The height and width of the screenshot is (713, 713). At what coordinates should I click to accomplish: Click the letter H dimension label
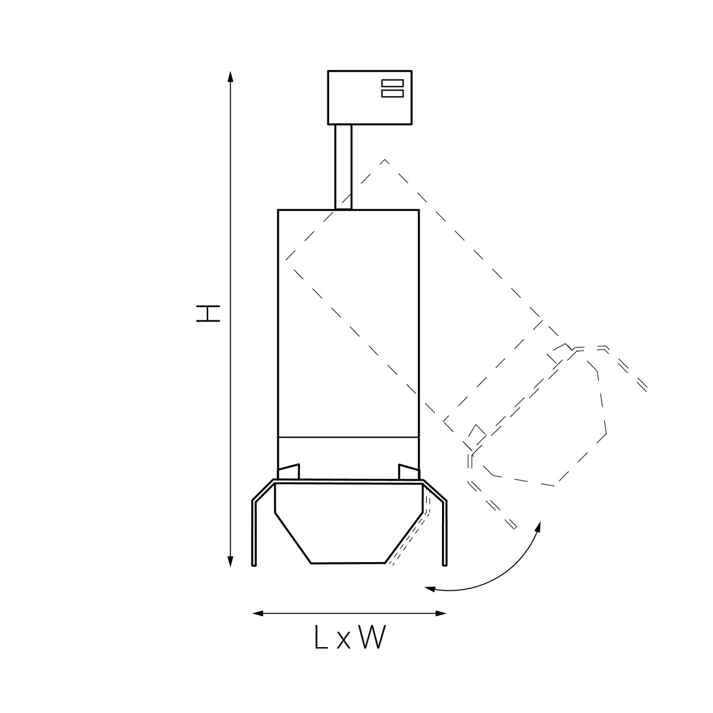[208, 314]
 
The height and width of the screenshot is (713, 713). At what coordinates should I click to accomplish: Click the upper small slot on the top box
[392, 83]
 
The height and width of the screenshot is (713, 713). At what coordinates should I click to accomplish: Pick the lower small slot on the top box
[392, 93]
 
